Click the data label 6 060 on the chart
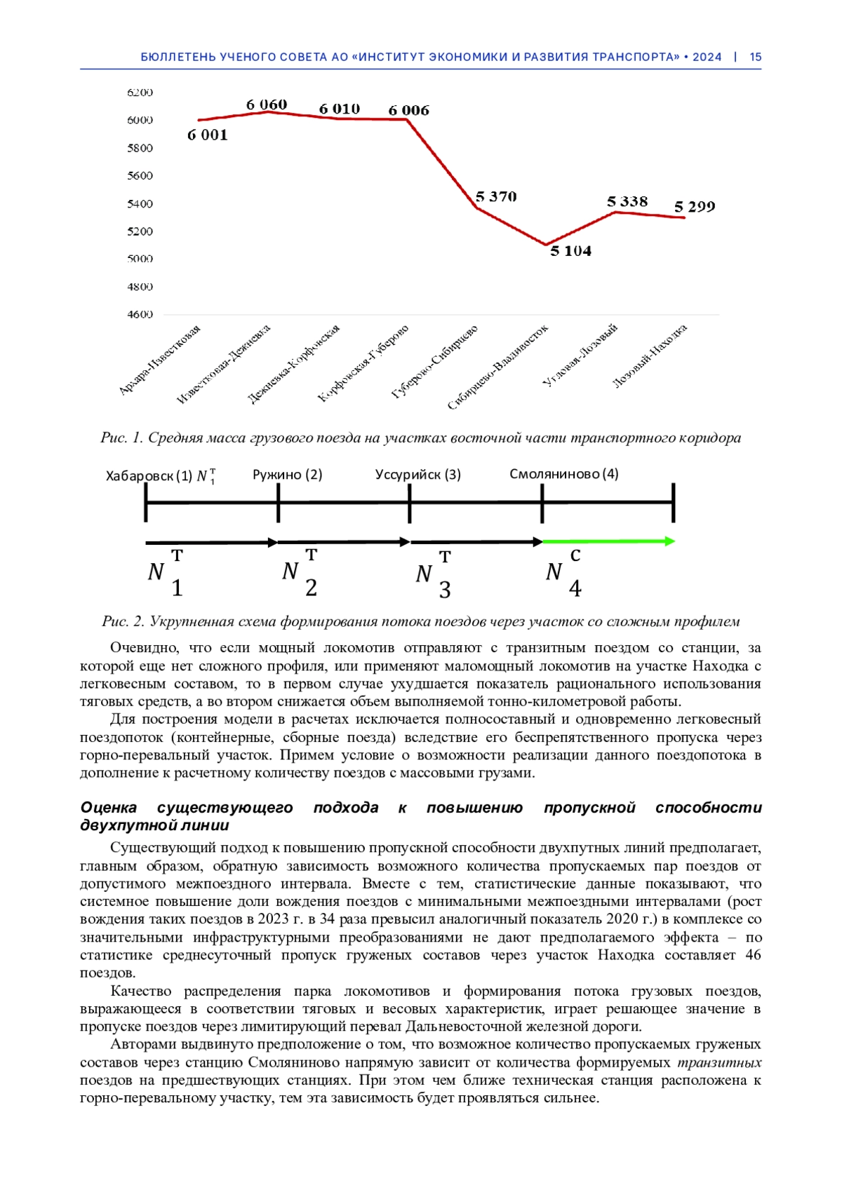click(x=267, y=104)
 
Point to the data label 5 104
click(x=570, y=251)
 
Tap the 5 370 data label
click(x=496, y=197)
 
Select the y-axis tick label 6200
click(x=140, y=93)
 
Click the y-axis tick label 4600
click(x=140, y=314)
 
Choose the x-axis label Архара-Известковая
click(x=160, y=360)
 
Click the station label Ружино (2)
click(x=288, y=475)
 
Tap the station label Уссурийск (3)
click(x=418, y=475)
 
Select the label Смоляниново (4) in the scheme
click(x=564, y=474)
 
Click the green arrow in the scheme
click(x=608, y=541)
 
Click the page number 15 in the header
click(x=756, y=58)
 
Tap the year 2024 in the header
click(x=707, y=58)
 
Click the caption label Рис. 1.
click(x=121, y=438)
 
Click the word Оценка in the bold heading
click(x=109, y=808)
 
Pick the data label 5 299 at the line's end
click(x=695, y=207)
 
